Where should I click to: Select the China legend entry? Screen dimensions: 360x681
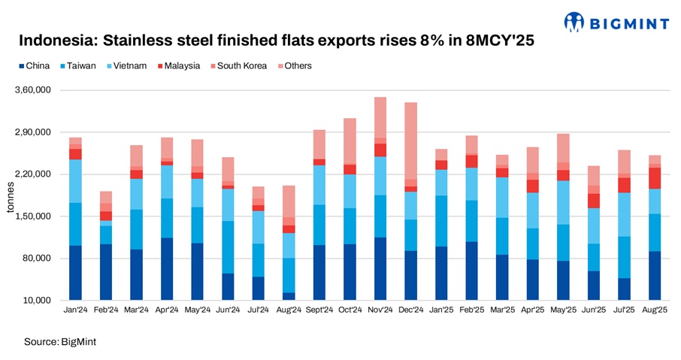(x=33, y=66)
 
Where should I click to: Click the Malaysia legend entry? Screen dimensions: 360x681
(x=178, y=66)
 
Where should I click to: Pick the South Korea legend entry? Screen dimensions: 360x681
(x=238, y=66)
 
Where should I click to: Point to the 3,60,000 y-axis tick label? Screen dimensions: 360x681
(x=33, y=90)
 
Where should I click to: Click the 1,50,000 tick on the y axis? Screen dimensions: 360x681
(x=33, y=216)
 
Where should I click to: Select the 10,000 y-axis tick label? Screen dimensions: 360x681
(x=36, y=301)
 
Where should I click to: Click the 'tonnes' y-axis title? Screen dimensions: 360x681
(x=10, y=195)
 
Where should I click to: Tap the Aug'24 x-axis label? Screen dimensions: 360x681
(x=289, y=310)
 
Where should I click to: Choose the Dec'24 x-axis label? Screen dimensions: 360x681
(x=410, y=310)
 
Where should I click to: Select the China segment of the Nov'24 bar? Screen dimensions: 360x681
(x=380, y=268)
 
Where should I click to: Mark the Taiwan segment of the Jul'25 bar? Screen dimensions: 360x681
(x=624, y=257)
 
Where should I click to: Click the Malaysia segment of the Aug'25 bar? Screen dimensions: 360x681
(x=655, y=178)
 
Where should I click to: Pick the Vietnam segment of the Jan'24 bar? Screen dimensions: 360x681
(x=75, y=181)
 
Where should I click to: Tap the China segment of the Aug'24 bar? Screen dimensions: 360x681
(x=289, y=296)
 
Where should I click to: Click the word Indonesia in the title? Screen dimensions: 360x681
(x=57, y=41)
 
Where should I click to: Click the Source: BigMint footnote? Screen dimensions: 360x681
(x=60, y=342)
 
